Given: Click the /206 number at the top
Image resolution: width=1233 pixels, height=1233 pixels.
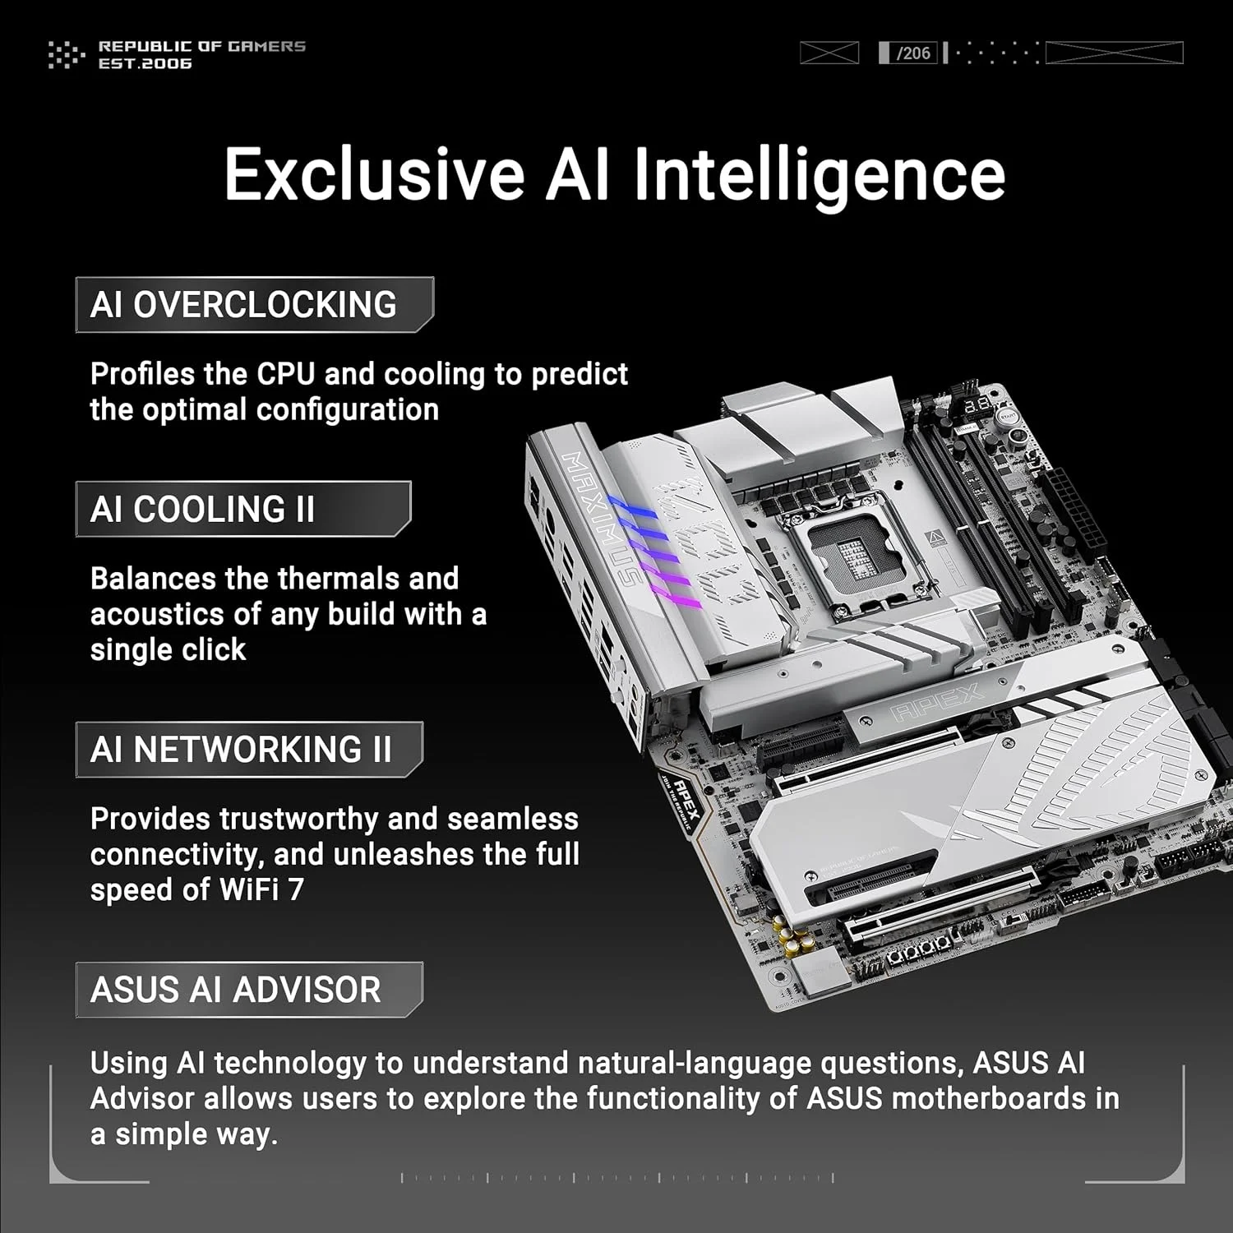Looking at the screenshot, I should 913,53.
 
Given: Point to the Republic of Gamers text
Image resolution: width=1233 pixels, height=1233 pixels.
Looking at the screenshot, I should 202,46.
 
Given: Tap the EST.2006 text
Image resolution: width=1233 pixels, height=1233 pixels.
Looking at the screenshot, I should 145,63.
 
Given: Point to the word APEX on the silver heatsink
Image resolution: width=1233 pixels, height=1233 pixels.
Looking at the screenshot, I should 938,701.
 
